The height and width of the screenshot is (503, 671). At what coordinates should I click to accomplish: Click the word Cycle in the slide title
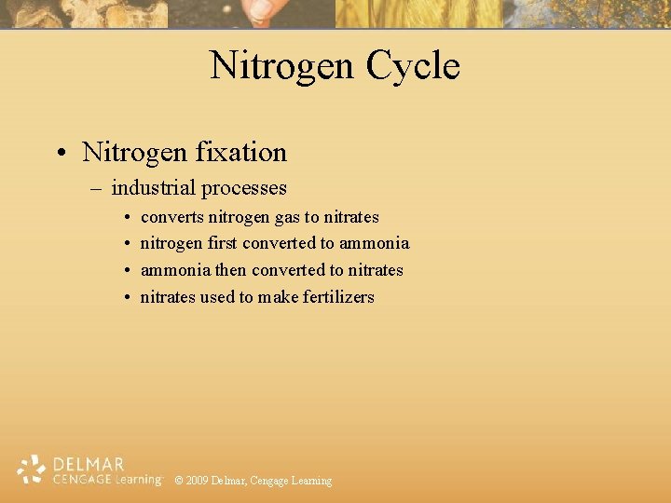pos(413,66)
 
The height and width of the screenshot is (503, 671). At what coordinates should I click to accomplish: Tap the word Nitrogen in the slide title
pos(281,66)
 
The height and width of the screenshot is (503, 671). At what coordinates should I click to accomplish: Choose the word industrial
pos(153,188)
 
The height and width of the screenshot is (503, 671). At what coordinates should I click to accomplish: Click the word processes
pos(244,188)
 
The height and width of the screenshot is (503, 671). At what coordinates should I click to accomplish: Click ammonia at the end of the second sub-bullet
pos(374,243)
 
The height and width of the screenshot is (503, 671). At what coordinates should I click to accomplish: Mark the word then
pos(229,270)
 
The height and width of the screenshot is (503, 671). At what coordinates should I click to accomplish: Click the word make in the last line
pos(278,297)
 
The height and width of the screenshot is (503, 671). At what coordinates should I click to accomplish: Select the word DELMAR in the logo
pos(89,464)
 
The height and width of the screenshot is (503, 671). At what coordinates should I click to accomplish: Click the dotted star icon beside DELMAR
pos(32,469)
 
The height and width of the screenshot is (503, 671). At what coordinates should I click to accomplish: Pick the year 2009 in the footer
pos(197,481)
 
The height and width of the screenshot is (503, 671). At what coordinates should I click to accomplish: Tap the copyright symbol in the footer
pos(179,481)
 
